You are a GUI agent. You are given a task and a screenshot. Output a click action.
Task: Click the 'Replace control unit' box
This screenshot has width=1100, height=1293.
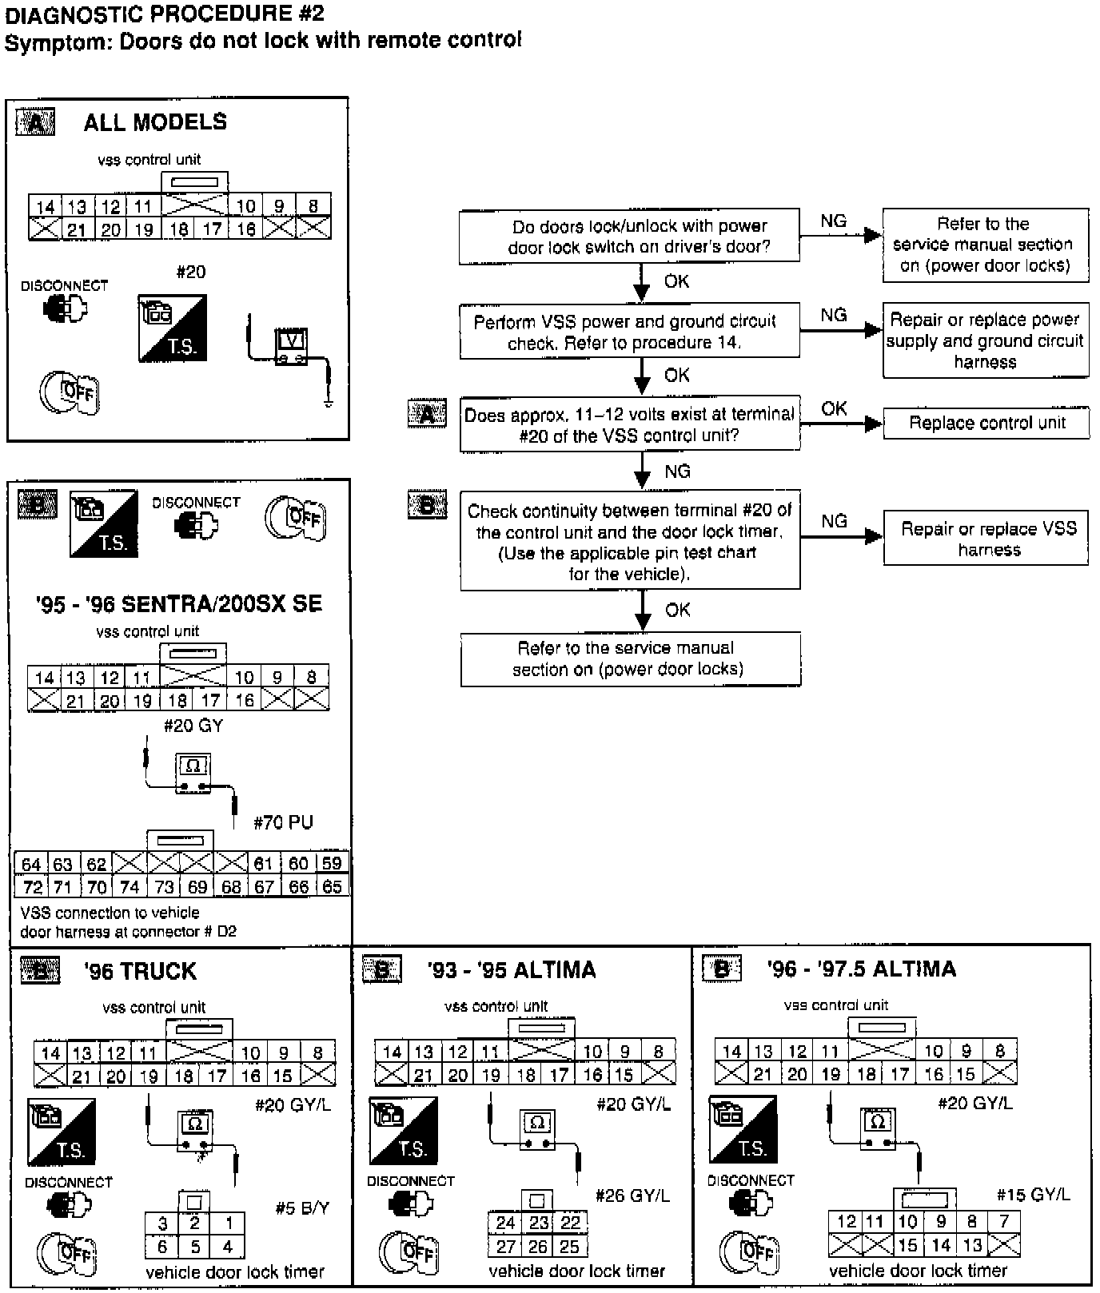[986, 424]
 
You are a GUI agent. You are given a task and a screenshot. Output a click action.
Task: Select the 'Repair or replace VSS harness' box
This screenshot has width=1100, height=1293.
[986, 539]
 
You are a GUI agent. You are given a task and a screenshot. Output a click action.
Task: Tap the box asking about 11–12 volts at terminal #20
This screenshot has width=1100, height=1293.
[629, 424]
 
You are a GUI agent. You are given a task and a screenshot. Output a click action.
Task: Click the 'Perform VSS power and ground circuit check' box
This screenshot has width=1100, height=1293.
[629, 331]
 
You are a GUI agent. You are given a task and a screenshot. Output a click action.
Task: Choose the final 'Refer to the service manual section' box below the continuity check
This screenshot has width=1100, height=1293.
[630, 658]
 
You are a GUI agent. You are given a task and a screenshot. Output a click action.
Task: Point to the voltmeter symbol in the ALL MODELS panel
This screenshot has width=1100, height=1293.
[292, 346]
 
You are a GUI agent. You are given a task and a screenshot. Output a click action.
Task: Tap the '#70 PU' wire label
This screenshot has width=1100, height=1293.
[283, 822]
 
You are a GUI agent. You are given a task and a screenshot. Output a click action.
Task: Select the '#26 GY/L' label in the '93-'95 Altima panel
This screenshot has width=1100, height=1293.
[632, 1196]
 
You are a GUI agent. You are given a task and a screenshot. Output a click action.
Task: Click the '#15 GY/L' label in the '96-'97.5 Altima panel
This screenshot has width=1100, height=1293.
[1033, 1195]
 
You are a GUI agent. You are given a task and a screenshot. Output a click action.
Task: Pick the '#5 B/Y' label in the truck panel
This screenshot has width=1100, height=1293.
[301, 1207]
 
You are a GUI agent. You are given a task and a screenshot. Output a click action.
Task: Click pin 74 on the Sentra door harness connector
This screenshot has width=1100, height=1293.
[130, 886]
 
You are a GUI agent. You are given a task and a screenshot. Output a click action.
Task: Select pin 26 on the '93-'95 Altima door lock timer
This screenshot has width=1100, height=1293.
[537, 1246]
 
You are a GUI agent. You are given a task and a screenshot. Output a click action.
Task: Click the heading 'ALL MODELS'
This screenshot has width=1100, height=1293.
[155, 122]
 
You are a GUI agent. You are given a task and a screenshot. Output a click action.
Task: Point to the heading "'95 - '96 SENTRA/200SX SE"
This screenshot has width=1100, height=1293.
[179, 603]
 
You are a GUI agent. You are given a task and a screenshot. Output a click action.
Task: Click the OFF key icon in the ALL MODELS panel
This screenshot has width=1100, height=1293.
[70, 392]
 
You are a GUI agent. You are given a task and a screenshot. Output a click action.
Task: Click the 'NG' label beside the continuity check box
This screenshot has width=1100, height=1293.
[834, 521]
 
